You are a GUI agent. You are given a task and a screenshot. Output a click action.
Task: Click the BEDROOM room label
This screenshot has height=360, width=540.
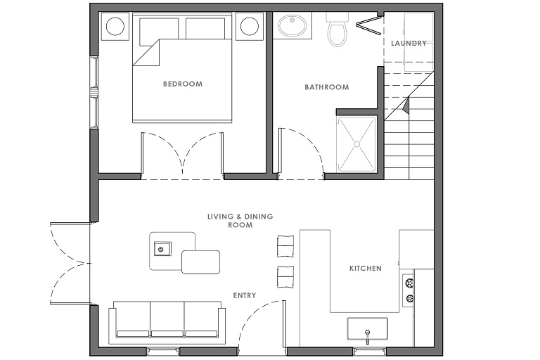[183, 84]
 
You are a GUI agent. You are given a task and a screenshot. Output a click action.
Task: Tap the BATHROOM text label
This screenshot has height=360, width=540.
[327, 86]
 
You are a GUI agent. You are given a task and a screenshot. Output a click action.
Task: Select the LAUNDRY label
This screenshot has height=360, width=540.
[409, 43]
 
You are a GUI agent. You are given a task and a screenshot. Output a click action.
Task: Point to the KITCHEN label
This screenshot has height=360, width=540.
[366, 268]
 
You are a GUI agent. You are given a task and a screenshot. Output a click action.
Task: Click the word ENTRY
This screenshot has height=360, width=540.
[245, 295]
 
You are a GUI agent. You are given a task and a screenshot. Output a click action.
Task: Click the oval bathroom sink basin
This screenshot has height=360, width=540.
[292, 25]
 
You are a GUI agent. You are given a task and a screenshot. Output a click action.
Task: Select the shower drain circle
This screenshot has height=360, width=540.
[356, 144]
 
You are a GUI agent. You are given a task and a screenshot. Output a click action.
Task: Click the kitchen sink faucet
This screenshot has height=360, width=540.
[368, 337]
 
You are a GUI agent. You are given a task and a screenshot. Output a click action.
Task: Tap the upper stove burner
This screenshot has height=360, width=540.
[409, 283]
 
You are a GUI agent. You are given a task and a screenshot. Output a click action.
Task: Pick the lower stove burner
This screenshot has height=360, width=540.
[409, 298]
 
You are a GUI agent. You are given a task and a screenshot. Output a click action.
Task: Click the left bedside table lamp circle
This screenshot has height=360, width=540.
[115, 26]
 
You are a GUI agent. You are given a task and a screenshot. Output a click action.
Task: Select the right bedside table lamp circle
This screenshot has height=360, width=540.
[250, 26]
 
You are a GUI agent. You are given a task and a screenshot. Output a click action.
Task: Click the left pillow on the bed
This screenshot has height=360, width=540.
[159, 31]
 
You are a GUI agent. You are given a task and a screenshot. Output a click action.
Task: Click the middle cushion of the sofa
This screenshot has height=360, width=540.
[167, 319]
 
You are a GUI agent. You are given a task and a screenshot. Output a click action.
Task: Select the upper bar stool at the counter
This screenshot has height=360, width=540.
[285, 246]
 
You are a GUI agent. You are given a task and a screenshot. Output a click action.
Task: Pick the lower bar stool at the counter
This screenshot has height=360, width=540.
[285, 277]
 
